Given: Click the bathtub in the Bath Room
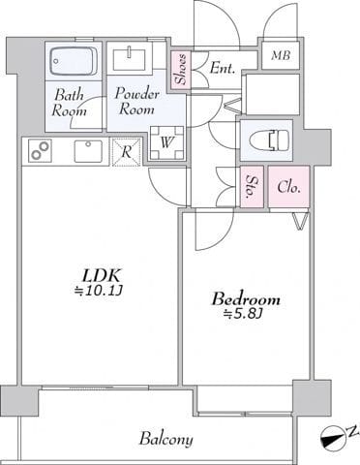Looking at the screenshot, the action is click(x=74, y=61).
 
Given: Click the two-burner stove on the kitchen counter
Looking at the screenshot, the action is click(x=41, y=150).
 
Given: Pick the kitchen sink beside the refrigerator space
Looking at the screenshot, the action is click(x=88, y=151).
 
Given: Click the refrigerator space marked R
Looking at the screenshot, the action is click(x=127, y=152).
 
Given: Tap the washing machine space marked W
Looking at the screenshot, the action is click(x=167, y=142).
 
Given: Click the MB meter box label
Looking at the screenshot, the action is click(x=281, y=55).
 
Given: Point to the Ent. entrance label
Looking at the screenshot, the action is click(x=222, y=68).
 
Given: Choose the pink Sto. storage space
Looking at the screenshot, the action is click(x=252, y=187).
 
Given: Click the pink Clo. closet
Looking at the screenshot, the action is click(x=289, y=187).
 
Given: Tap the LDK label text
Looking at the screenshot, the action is click(x=102, y=276).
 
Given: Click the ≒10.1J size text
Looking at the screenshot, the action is click(x=98, y=292).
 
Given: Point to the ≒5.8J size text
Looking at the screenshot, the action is click(x=242, y=313).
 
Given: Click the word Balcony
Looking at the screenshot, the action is click(x=166, y=439).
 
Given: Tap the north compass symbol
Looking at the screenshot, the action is click(x=332, y=439).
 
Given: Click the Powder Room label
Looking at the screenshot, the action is click(x=137, y=101).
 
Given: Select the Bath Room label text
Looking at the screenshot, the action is click(x=70, y=103).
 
